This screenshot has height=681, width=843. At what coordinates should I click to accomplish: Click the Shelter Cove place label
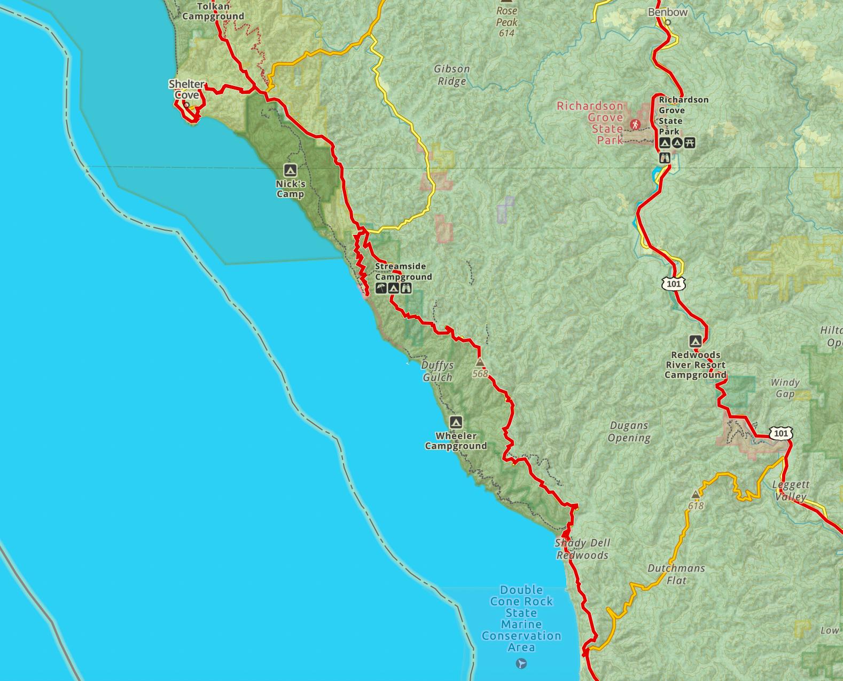coord(186,89)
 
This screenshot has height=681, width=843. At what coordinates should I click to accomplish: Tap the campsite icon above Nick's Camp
coord(290,170)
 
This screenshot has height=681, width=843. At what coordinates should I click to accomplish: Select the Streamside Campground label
coord(403,271)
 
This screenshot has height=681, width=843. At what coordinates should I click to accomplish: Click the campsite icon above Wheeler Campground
coord(455,422)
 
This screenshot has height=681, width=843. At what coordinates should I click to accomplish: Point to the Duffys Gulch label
coord(438,371)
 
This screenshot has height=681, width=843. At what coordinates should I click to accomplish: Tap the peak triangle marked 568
coord(480,362)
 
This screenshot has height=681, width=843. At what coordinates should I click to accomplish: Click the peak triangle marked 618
coord(696,494)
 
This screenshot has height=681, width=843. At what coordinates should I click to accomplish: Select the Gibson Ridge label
coord(452,75)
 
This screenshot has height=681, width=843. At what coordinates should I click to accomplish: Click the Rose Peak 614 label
coord(506,22)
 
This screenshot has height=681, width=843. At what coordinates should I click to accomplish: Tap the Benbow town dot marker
coord(667,22)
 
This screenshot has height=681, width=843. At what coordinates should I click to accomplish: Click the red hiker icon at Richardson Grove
coord(635,124)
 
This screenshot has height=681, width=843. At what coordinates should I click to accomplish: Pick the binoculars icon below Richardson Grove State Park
coord(665,158)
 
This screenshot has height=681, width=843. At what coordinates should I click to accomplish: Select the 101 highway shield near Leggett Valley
coord(780,433)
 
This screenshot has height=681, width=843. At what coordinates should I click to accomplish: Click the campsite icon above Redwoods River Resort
coord(695,341)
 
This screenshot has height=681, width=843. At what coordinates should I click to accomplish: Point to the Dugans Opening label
coord(629,432)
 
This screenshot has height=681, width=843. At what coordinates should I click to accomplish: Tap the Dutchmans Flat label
coord(676,574)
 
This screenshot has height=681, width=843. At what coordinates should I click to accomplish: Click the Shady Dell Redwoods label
coord(582,549)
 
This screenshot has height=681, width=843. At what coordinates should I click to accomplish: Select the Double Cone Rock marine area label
coord(521,618)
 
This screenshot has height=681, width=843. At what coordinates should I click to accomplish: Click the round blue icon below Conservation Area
coord(522,663)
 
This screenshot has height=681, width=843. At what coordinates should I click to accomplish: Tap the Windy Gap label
coord(785,388)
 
